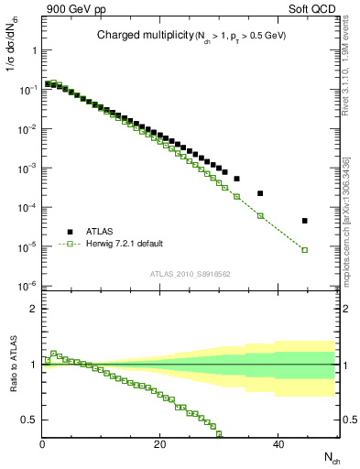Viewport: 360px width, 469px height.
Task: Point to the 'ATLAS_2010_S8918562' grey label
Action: [x=191, y=273]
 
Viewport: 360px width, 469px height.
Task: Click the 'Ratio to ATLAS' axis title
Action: [x=15, y=364]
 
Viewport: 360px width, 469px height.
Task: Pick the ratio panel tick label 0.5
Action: [x=28, y=420]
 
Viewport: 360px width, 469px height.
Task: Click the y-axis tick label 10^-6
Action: [x=27, y=287]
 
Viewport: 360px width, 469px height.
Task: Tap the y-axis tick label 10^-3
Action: [x=27, y=169]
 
